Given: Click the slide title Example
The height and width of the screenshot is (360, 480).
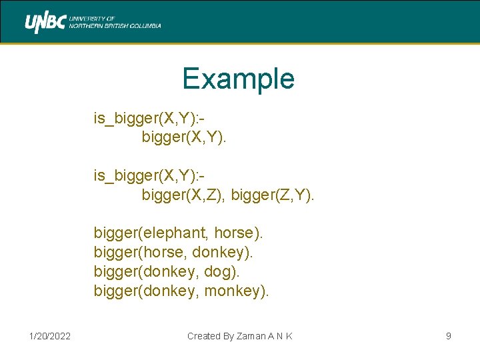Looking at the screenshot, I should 239,79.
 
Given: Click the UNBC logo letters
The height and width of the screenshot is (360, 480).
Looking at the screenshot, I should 45,23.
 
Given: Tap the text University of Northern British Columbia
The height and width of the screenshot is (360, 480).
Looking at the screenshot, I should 115,23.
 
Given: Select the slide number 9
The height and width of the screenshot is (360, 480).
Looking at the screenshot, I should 449,336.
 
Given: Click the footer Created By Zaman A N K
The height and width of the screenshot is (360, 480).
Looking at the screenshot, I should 239,336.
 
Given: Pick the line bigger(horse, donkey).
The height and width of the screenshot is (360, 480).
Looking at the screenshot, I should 173,253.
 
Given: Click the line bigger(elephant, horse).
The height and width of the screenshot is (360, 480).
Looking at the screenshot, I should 179,233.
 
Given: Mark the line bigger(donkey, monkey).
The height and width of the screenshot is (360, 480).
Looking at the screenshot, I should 181,291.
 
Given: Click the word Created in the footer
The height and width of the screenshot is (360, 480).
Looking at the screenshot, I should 201,336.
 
